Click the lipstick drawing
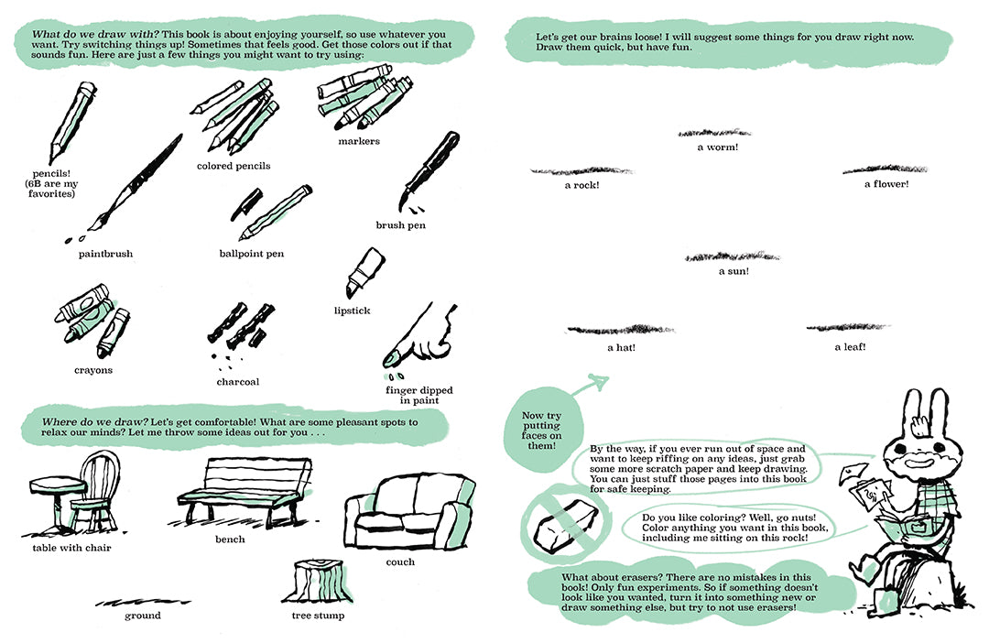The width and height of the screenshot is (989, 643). tap(360, 271)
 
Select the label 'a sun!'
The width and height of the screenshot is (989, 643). tap(734, 271)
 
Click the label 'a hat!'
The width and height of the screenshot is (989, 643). tap(621, 348)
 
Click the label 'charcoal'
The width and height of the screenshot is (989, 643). tap(238, 382)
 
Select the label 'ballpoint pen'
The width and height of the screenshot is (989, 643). tap(252, 254)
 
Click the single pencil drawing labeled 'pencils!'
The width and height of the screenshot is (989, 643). tap(71, 124)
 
